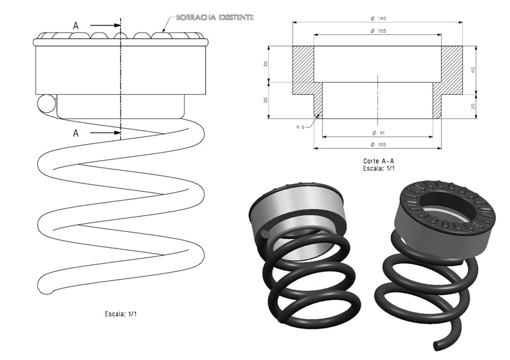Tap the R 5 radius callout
[301, 127]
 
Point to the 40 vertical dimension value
[473, 70]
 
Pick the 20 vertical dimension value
[473, 106]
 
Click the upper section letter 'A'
[76, 25]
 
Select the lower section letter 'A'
[76, 133]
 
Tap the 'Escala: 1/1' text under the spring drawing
[121, 313]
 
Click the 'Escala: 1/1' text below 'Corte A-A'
[379, 169]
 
